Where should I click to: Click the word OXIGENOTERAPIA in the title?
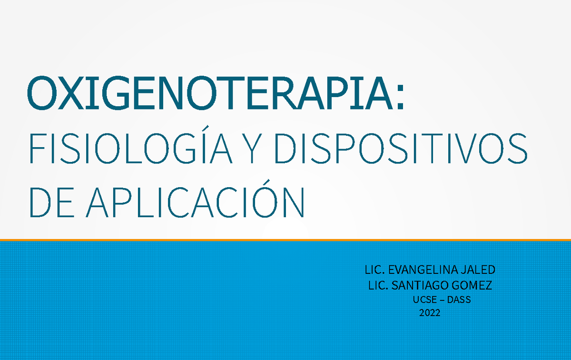(x=209, y=94)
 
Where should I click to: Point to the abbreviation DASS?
(x=459, y=300)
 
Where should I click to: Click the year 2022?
(x=429, y=313)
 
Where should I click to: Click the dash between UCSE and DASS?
(x=441, y=300)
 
